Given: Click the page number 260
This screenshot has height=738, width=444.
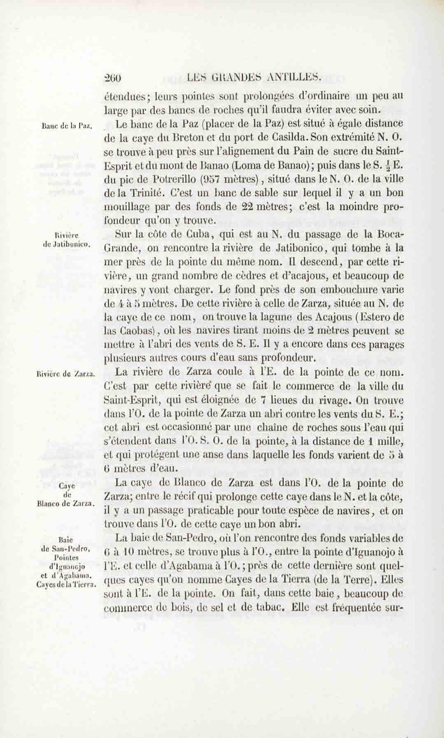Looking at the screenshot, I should (113, 78).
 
